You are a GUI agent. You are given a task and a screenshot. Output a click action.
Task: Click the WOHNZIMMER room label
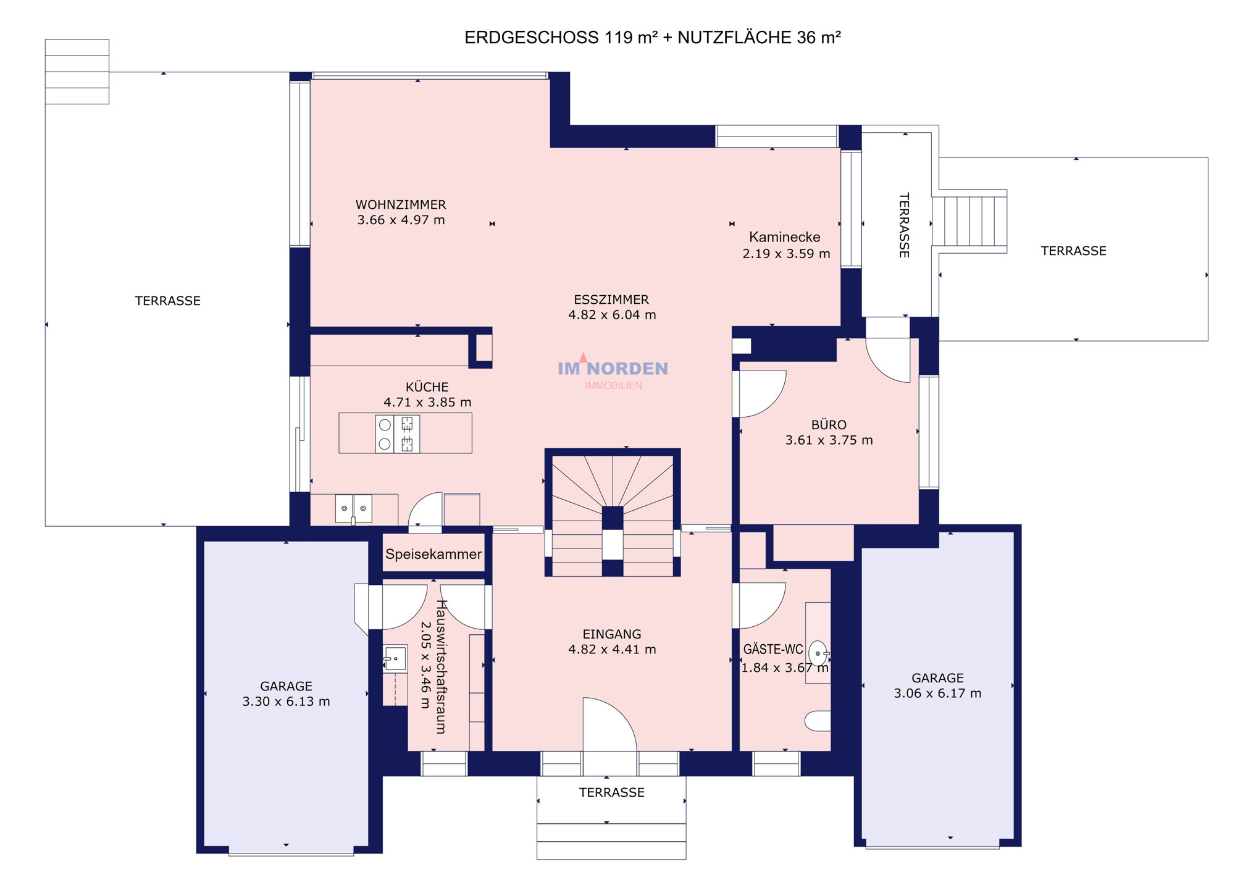(401, 204)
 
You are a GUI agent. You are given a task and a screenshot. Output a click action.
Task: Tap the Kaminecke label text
(784, 237)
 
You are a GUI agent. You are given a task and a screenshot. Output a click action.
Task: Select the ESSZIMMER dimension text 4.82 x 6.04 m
(612, 315)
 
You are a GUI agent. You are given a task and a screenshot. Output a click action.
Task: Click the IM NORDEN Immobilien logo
(613, 372)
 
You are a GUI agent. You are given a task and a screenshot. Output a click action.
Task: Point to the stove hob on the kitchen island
(398, 434)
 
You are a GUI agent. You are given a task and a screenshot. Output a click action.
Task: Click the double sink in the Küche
(354, 508)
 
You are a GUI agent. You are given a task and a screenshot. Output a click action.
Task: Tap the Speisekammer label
(433, 554)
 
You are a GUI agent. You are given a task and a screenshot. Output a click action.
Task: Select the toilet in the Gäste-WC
(818, 721)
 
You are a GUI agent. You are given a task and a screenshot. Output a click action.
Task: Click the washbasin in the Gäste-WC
(818, 653)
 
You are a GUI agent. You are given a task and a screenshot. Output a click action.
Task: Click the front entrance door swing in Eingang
(609, 724)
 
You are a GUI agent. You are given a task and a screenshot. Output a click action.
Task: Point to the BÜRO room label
(829, 425)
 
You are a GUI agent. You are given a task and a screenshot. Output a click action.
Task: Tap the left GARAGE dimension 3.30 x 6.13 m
(286, 702)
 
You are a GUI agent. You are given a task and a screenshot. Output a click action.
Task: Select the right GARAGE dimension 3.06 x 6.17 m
(937, 694)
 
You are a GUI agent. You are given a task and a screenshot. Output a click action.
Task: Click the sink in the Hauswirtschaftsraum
(395, 659)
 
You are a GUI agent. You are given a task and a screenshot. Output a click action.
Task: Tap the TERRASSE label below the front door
(611, 792)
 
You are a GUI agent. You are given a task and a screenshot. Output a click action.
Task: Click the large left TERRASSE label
(168, 301)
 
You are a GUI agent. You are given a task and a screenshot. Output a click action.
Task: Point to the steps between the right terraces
(969, 221)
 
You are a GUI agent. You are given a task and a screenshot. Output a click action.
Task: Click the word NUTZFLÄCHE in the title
(734, 38)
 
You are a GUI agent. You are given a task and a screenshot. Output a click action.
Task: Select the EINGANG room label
(612, 634)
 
